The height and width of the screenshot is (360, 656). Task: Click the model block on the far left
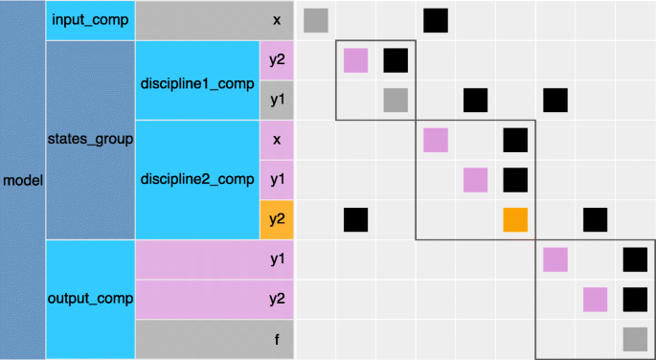(x=22, y=180)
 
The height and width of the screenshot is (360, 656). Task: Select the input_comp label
(x=90, y=20)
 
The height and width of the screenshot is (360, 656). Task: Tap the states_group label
(x=90, y=140)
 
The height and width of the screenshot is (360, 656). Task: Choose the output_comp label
(x=90, y=300)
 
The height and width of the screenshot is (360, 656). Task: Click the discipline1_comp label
(x=196, y=80)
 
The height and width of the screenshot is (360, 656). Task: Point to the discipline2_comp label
(x=196, y=179)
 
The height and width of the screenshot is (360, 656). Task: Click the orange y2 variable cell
(x=276, y=219)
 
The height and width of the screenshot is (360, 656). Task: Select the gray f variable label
(x=214, y=339)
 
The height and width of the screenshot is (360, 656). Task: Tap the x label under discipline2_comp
(x=276, y=140)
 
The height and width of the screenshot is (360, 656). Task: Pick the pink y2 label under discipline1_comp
(x=276, y=60)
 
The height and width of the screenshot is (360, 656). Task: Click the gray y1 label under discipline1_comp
(x=276, y=100)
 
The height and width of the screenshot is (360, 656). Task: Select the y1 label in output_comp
(x=214, y=259)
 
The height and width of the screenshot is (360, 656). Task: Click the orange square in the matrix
(x=516, y=219)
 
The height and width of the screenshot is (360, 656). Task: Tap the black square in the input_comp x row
(x=436, y=20)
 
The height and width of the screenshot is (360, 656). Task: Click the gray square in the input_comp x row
(x=316, y=20)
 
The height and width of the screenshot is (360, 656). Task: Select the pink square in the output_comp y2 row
(x=596, y=300)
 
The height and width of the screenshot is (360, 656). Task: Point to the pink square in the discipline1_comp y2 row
(x=356, y=60)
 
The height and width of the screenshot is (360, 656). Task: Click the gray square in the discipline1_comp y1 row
(x=396, y=100)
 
